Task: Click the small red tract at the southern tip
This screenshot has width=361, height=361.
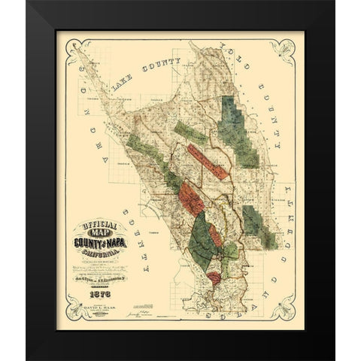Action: [x=214, y=280]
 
